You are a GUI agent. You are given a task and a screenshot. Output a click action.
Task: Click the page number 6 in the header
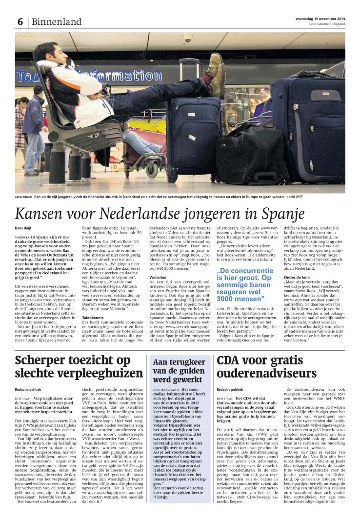coord(20,22)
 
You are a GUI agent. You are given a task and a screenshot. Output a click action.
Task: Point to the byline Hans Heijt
coord(24,228)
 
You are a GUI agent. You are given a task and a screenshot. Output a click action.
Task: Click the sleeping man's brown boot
coord(215,73)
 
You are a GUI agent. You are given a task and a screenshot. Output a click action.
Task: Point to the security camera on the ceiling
coord(187,38)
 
